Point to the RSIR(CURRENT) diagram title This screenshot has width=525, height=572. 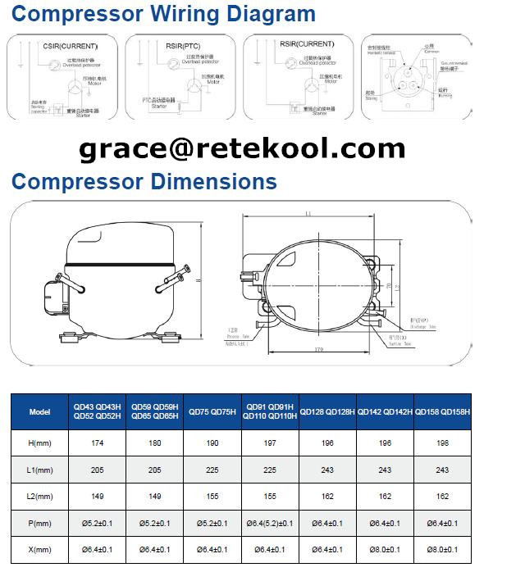point(305,44)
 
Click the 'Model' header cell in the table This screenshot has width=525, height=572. point(39,411)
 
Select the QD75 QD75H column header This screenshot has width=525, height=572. point(212,411)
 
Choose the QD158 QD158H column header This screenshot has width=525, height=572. point(443,411)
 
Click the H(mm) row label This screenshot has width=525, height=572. point(39,443)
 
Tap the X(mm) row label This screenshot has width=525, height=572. point(39,549)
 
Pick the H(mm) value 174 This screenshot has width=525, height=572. point(98,443)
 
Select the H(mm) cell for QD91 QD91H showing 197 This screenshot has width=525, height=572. point(270,443)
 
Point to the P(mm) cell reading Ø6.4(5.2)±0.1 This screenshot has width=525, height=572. point(270,523)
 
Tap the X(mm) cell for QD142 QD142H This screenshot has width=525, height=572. point(386,549)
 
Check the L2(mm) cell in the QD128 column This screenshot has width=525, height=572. point(327,496)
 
